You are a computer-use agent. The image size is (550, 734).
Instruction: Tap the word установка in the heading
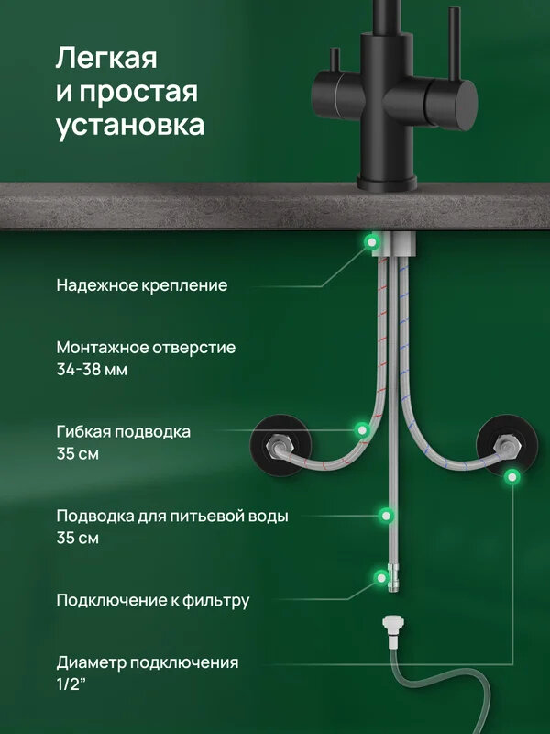(x=129, y=126)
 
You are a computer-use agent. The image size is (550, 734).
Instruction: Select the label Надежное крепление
(x=141, y=285)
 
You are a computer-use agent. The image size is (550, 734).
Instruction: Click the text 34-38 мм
(x=92, y=370)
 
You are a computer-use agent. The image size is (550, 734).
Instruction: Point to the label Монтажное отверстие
(x=146, y=348)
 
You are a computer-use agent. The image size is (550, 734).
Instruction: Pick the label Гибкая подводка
(x=124, y=432)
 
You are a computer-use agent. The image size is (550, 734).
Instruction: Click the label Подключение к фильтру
(x=152, y=601)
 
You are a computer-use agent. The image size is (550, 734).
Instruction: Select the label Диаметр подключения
(x=148, y=662)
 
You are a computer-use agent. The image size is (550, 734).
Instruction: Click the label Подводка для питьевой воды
(x=172, y=516)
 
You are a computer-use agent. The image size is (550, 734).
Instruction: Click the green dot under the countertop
(x=371, y=241)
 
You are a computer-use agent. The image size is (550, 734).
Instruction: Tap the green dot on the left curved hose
(x=363, y=428)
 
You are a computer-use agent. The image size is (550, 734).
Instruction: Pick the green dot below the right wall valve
(x=512, y=475)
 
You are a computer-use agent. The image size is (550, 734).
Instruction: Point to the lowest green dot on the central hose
(x=380, y=577)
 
